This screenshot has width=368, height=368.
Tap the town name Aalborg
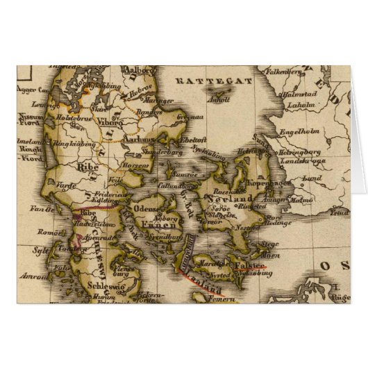135,69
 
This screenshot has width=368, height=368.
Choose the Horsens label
137,166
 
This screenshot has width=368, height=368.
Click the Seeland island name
224,198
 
